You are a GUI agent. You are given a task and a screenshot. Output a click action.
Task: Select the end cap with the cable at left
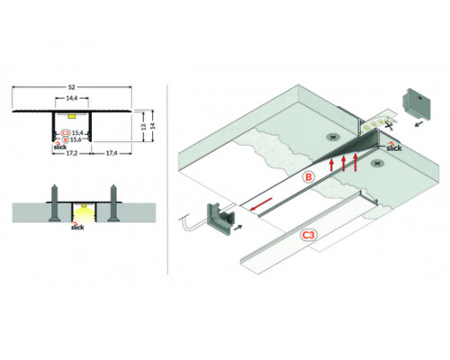[x=221, y=216]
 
